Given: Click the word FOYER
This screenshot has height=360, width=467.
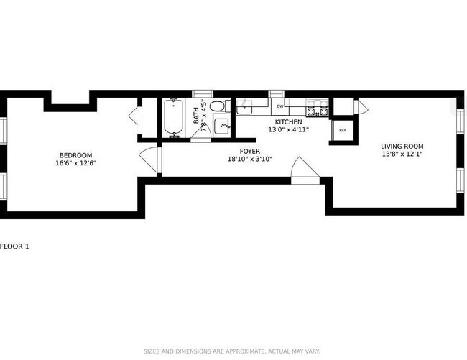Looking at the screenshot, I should pos(249,151).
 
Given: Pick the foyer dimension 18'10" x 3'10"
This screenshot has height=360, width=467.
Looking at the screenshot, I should pos(249,160).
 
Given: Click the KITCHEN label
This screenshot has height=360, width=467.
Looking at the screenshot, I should pos(287,122).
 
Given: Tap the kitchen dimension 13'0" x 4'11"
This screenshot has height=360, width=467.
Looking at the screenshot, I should pos(287,130).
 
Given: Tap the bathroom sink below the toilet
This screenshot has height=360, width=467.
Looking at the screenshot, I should pos(221,128).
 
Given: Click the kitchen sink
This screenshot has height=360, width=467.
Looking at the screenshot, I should pos(245,108).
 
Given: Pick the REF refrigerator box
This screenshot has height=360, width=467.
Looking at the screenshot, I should pos(342,130).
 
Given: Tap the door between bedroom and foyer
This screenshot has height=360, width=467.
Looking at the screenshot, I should pos(149,160).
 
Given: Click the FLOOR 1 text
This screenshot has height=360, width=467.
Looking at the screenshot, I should pos(15,246).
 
